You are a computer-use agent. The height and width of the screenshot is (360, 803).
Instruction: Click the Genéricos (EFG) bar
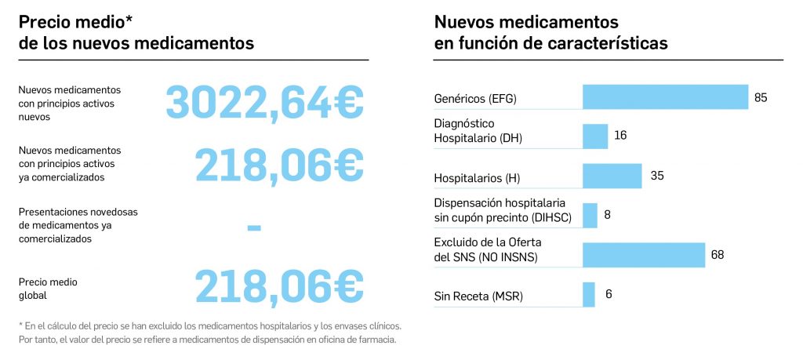665,97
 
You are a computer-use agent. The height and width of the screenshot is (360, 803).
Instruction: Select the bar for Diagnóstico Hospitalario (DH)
595,136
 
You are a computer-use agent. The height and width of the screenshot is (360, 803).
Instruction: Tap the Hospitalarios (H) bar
612,176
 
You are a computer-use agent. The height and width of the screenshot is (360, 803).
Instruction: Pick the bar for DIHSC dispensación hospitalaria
590,215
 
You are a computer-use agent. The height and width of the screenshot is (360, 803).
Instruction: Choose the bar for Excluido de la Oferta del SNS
643,255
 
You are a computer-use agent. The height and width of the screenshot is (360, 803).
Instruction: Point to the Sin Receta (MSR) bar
589,295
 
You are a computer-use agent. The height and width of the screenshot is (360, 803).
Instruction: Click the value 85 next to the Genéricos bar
760,98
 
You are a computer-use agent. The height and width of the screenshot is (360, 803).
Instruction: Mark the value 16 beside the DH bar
620,136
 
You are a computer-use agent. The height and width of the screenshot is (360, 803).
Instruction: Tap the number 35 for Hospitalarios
657,176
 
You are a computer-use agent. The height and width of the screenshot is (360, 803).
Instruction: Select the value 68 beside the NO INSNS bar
717,255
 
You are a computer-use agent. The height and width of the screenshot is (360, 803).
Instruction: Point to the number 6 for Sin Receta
609,295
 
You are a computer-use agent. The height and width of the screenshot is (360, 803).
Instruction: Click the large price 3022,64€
264,102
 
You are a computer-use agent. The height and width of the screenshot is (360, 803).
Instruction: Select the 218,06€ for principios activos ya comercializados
278,164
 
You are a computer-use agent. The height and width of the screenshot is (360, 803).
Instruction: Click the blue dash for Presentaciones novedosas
253,228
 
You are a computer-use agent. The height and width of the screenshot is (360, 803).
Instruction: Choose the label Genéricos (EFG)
475,99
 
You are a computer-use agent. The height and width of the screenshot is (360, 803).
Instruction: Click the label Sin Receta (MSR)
478,296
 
